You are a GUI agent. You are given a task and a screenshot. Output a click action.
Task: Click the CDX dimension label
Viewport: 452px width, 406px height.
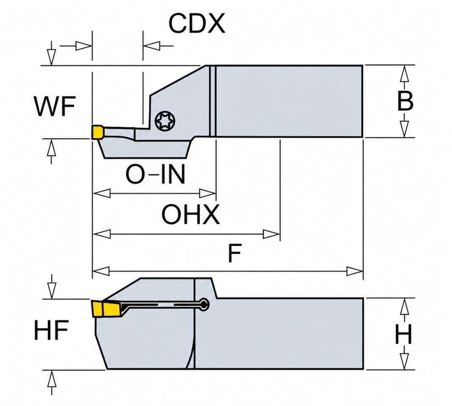pos(197,24)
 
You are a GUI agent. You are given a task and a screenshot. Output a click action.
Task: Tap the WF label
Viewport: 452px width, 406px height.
pos(55,106)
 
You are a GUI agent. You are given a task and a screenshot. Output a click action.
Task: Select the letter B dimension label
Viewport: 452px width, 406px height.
pos(405,101)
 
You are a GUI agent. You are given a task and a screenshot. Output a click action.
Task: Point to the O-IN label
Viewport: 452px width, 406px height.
pos(155,174)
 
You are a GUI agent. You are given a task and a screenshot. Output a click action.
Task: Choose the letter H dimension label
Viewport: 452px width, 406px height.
pos(404,334)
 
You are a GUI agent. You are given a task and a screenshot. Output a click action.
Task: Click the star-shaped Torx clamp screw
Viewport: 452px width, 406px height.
pos(165,121)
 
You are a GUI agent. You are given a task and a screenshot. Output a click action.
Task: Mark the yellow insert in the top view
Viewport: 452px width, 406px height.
pos(97,132)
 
